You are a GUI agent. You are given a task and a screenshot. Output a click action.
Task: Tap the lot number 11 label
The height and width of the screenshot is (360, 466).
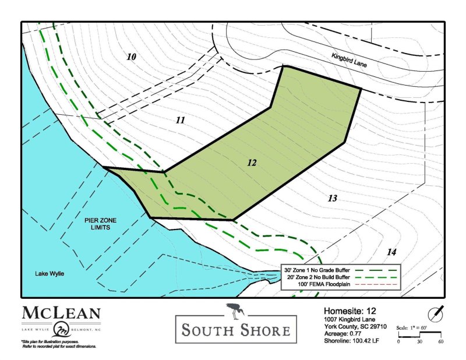180,120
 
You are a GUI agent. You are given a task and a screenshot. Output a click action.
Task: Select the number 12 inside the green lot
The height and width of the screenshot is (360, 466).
252,163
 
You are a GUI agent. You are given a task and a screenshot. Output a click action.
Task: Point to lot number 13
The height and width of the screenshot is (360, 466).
332,199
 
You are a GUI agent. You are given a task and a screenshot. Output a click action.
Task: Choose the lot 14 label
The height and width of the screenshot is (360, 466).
391,252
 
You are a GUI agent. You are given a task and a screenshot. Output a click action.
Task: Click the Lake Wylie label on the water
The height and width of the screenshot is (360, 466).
49,273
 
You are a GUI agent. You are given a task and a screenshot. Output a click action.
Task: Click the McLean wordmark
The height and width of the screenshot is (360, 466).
61,313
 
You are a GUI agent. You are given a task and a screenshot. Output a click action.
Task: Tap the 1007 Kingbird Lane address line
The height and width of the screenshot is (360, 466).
351,319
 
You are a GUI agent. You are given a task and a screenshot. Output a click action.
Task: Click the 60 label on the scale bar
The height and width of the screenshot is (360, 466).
441,341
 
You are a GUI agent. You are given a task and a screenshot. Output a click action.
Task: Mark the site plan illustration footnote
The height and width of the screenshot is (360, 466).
58,344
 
